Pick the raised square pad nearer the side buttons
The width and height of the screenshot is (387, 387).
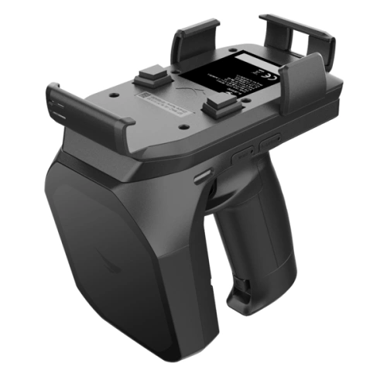click(218, 103)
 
